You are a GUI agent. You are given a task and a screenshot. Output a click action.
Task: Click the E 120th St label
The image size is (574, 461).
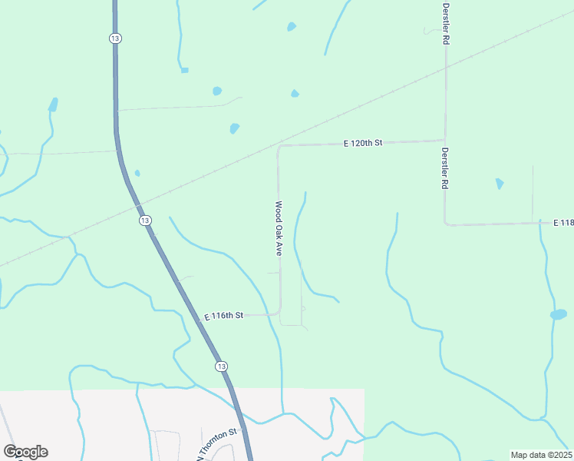[x=363, y=144]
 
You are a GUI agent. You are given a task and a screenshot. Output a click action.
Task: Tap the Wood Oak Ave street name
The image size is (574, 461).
[x=279, y=228]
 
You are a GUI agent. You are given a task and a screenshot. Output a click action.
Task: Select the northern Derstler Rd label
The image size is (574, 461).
[x=445, y=23]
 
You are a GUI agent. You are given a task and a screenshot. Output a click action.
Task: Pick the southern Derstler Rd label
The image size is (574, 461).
[x=444, y=168]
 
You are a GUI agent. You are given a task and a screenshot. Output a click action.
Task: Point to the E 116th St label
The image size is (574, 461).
[x=223, y=316]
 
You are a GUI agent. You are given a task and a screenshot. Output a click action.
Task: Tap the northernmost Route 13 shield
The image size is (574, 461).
[x=115, y=38]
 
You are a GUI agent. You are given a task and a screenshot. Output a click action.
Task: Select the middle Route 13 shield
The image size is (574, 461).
[x=145, y=221]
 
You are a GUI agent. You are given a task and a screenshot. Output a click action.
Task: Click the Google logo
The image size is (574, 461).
[x=25, y=452]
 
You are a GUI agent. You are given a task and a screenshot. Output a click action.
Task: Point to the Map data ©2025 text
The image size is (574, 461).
[x=541, y=455]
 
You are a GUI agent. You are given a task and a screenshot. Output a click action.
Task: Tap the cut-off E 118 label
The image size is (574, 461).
[x=563, y=223]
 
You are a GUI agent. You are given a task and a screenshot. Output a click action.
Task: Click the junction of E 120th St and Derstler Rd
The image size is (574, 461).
[x=445, y=141]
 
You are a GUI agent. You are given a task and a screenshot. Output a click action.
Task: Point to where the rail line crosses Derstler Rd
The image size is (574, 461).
[x=445, y=68]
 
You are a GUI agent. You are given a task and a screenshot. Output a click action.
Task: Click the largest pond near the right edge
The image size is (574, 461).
[x=558, y=314]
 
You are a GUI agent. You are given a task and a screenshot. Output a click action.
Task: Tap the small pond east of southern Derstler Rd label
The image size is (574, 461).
[x=500, y=184]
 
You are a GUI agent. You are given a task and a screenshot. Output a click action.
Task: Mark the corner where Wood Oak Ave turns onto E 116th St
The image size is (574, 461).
[x=278, y=313]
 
